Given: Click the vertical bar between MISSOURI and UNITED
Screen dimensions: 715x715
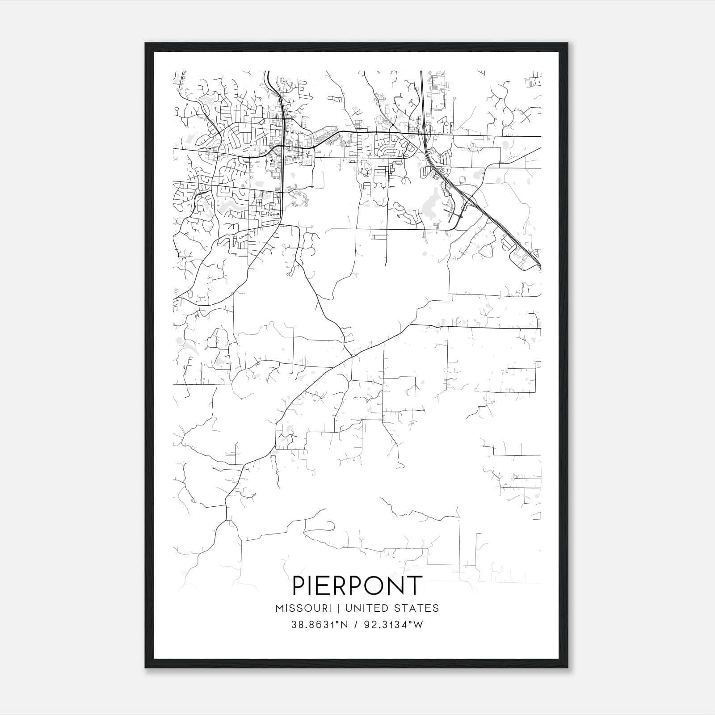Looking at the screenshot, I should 338,608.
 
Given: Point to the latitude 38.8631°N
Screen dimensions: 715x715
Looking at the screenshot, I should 319,625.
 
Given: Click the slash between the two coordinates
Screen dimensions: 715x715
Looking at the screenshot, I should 356,625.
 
